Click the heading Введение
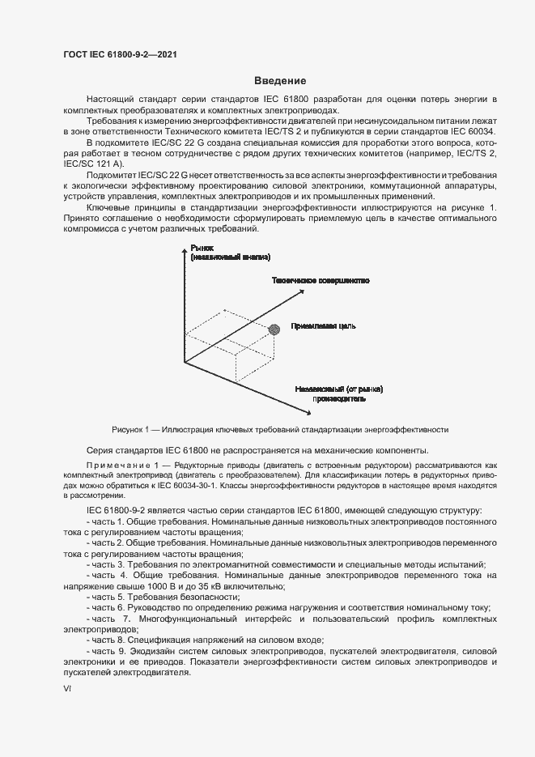coord(279,80)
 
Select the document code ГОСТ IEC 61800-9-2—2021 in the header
coord(119,54)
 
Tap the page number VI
coord(68,688)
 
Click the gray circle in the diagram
coord(274,328)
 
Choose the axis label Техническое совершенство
coord(321,280)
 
